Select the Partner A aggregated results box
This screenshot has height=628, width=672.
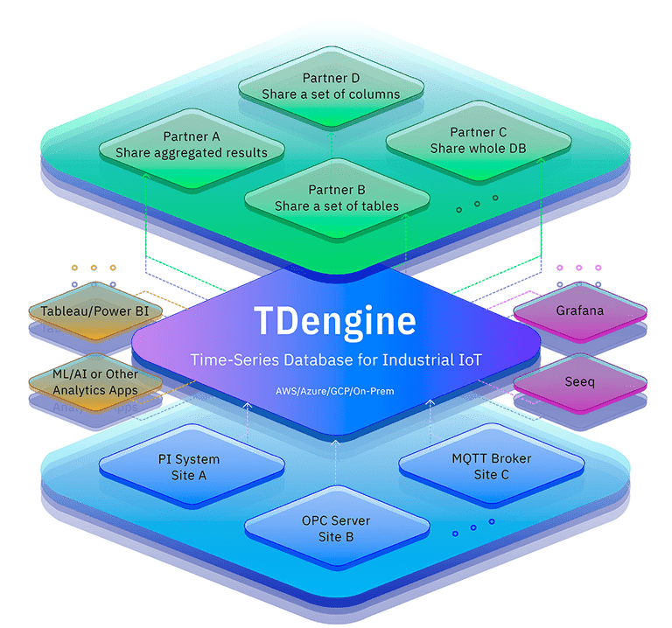[x=191, y=144]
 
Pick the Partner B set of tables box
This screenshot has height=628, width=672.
[x=337, y=198]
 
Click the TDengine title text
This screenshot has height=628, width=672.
[x=335, y=321]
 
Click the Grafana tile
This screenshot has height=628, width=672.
[x=579, y=311]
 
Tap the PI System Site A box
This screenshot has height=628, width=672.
[x=195, y=467]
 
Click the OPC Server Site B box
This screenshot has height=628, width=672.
[x=336, y=528]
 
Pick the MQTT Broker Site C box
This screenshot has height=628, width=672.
[x=491, y=466]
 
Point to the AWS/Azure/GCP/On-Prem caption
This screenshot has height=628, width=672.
[x=336, y=391]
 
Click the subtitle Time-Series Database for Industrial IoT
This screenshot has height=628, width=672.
[x=336, y=361]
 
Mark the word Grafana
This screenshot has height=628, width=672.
[x=579, y=311]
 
